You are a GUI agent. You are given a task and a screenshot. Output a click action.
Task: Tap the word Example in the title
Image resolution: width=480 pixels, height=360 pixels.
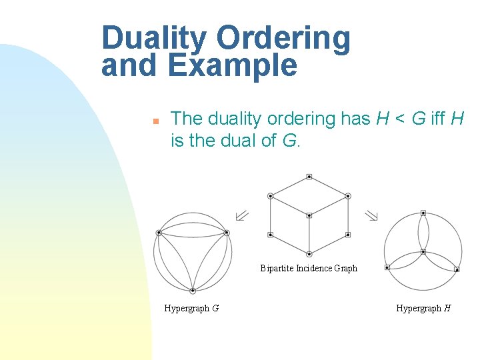coord(233,66)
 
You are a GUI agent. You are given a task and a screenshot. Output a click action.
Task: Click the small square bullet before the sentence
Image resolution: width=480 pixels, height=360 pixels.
coord(154,121)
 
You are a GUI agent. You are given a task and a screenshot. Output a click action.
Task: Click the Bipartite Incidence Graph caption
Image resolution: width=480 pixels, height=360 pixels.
coord(309,269)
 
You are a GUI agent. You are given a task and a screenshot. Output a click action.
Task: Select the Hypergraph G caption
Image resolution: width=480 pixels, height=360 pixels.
coord(192,308)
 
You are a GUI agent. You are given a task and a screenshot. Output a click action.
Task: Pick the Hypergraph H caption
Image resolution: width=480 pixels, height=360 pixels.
coord(423,308)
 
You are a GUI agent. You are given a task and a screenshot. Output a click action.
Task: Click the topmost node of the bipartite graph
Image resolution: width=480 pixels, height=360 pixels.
coord(309,177)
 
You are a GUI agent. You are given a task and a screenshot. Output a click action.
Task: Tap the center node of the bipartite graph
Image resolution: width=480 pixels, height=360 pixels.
coord(309,215)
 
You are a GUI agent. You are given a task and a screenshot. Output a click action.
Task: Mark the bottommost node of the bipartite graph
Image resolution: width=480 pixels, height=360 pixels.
coord(309,254)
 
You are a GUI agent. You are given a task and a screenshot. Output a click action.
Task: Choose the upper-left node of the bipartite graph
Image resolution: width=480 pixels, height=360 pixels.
coord(270,196)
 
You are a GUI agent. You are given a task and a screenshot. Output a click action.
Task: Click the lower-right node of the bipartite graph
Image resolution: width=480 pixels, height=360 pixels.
coord(348,235)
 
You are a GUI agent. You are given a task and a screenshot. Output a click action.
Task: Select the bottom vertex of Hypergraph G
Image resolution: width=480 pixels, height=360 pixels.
coord(193,291)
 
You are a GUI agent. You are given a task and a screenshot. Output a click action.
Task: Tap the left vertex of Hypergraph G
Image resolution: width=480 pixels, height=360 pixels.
coord(159,233)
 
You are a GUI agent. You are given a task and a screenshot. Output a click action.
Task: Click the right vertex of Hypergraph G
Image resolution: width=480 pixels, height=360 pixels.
coord(227,233)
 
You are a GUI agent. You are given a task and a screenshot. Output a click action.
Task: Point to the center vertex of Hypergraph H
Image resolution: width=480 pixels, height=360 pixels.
coord(423,252)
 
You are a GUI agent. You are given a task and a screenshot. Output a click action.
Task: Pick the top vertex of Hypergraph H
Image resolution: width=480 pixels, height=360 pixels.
coord(423,213)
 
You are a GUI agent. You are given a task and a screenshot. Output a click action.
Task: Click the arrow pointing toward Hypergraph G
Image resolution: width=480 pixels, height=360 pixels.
coord(241,215)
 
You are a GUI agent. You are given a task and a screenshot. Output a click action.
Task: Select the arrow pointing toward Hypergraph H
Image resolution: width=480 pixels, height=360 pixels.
coord(371,215)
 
